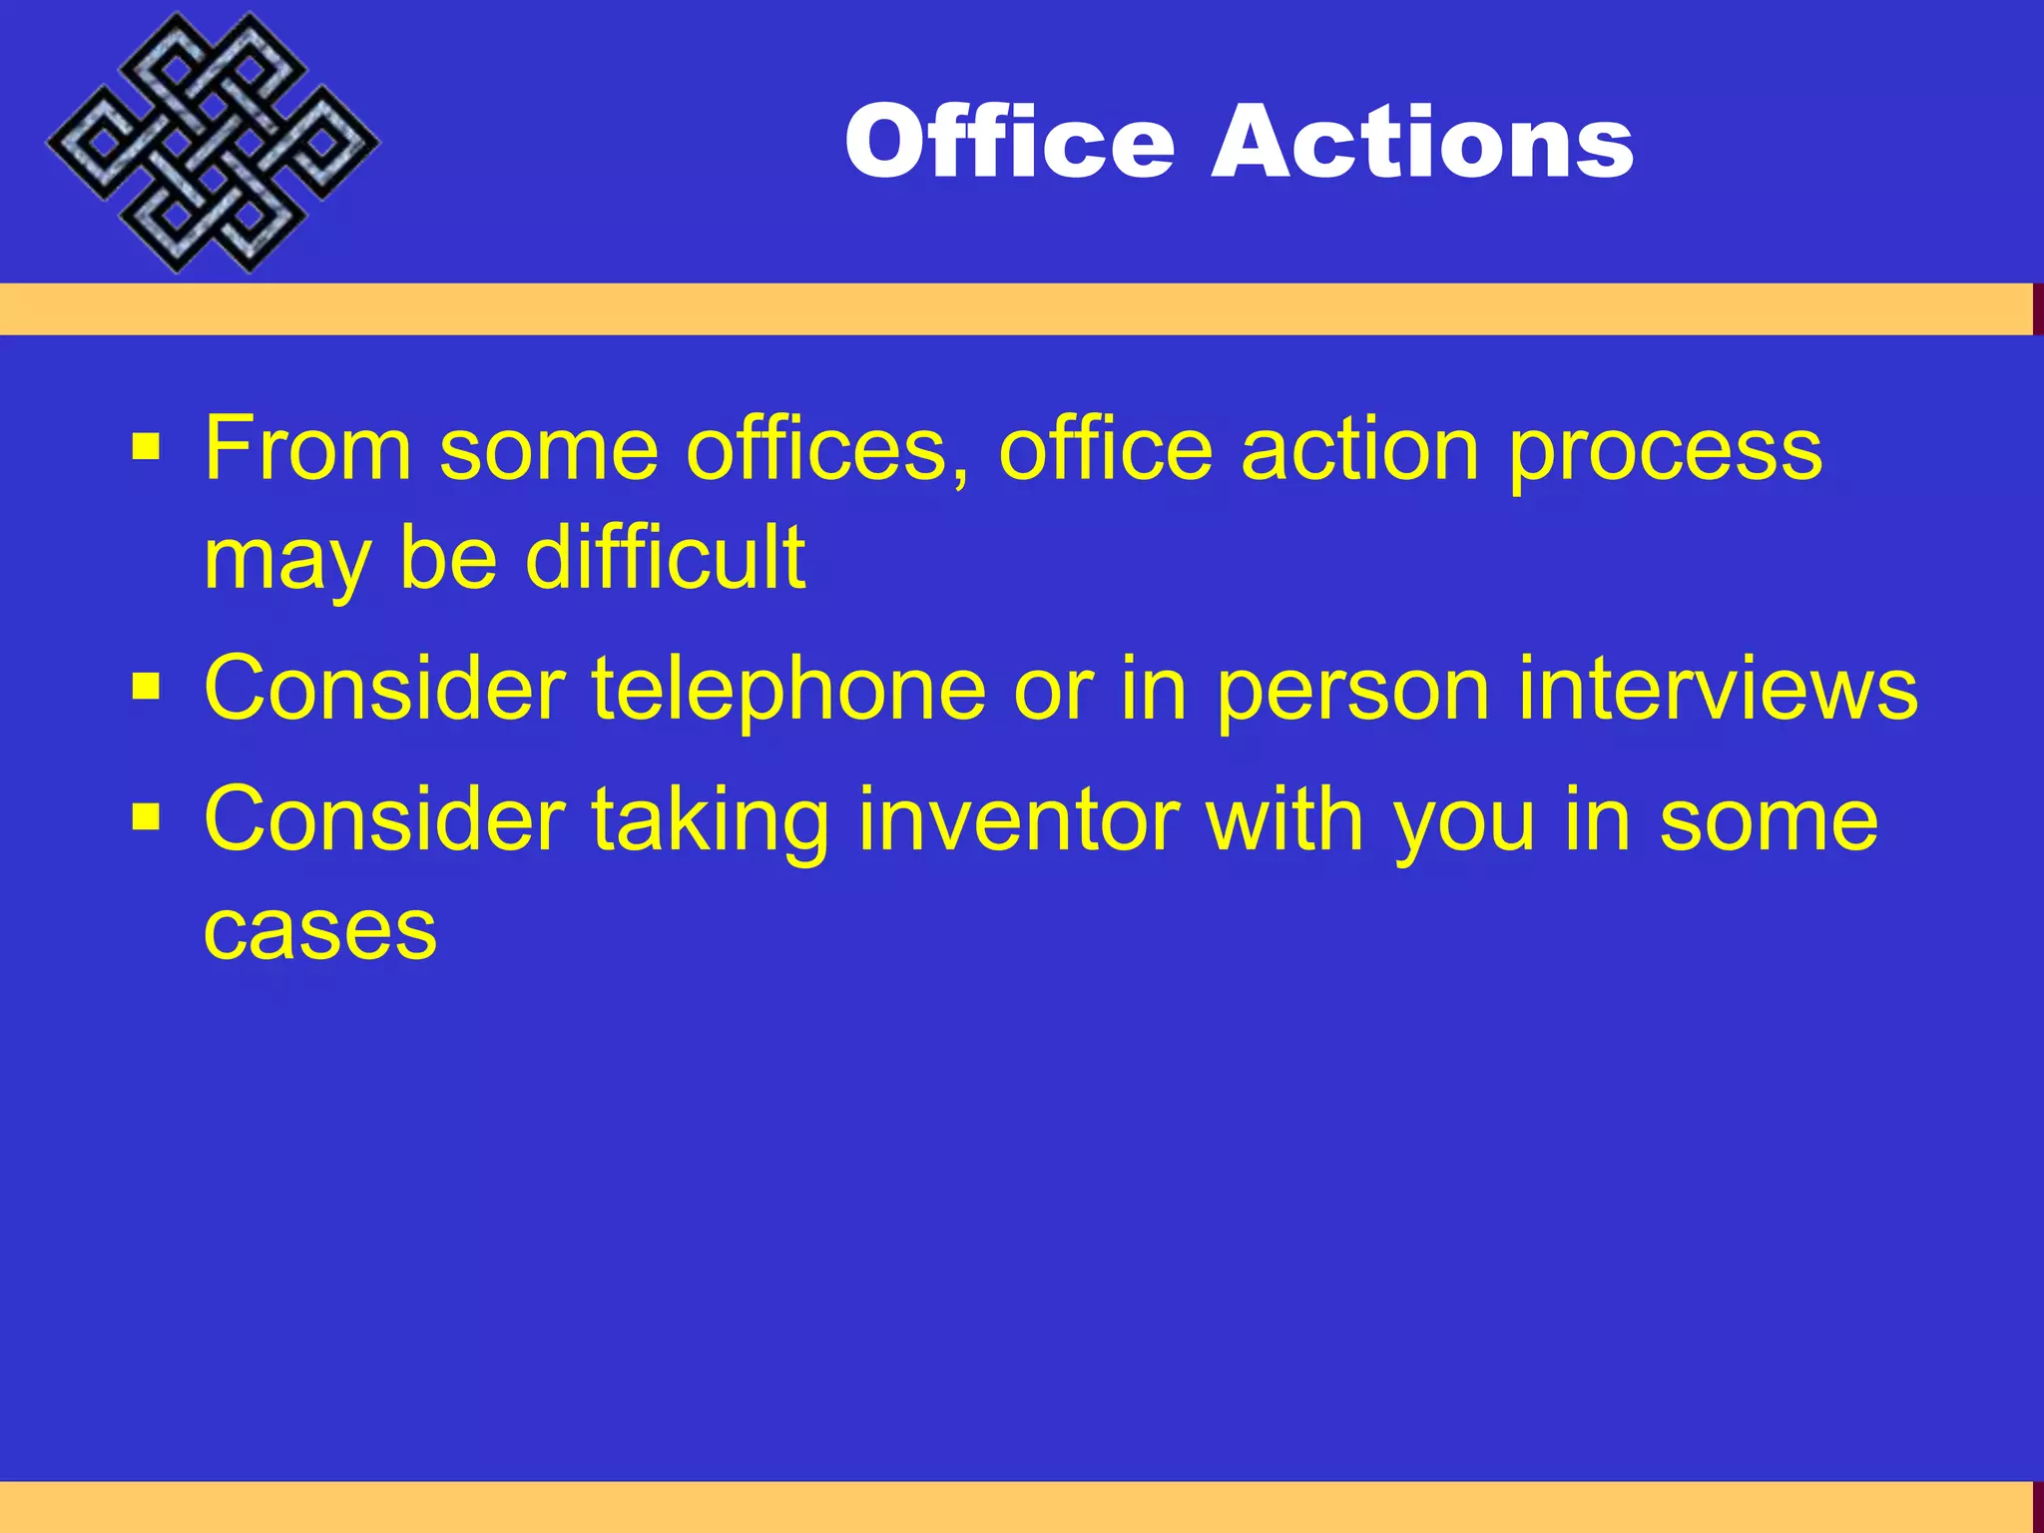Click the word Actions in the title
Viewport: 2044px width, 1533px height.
[x=1422, y=142]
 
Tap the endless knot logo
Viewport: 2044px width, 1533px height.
[x=212, y=143]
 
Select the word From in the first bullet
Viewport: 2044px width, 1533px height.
[x=307, y=450]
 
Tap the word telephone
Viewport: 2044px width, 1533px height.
[x=788, y=689]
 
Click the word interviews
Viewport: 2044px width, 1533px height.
[x=1718, y=689]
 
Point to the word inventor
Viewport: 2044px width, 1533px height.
[x=1019, y=820]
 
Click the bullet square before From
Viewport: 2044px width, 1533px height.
[x=146, y=446]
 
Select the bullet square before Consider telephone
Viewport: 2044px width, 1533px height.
[x=146, y=687]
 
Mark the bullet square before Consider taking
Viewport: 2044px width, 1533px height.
[x=146, y=818]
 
